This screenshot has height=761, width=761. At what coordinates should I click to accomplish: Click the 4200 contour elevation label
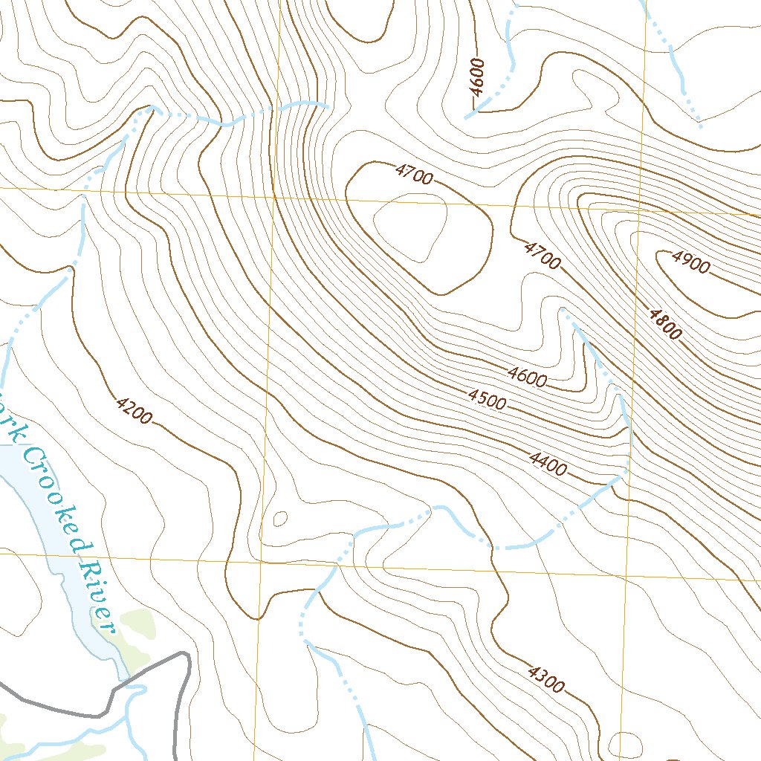[134, 411]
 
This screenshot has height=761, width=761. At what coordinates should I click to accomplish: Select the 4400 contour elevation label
[548, 464]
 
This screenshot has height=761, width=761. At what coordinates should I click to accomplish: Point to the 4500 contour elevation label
[488, 399]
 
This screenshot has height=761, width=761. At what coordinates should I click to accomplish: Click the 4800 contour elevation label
[664, 324]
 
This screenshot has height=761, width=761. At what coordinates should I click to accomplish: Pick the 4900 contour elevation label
[690, 262]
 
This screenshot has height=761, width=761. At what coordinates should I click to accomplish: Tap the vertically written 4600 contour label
[477, 77]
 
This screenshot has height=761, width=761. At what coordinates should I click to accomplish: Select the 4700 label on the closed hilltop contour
[414, 175]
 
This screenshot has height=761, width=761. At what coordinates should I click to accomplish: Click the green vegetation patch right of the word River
[137, 624]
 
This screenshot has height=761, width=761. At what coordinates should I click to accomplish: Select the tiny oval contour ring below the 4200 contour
[281, 518]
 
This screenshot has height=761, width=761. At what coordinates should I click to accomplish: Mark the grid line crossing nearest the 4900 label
[639, 210]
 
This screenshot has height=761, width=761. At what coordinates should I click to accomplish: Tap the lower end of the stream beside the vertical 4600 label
[468, 117]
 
